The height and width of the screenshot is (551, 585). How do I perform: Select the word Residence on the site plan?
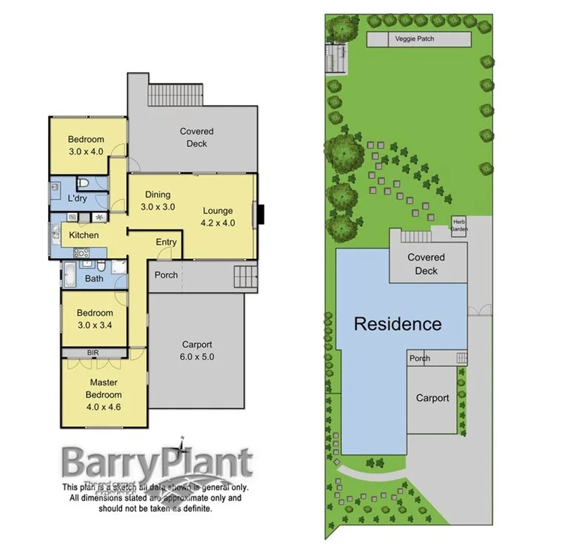[397, 324]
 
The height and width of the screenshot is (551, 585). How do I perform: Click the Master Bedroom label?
[104, 389]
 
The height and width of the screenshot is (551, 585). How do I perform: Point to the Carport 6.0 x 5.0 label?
[197, 350]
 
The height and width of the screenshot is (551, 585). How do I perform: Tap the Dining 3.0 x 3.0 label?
[158, 201]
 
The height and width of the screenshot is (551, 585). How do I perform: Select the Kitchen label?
[84, 235]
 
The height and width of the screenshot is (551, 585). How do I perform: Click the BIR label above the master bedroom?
[93, 353]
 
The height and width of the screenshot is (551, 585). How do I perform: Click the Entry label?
[166, 243]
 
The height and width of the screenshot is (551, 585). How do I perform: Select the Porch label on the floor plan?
[166, 275]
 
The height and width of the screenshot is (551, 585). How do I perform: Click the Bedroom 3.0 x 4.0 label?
[86, 145]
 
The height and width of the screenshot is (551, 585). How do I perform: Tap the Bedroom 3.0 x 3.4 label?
[95, 318]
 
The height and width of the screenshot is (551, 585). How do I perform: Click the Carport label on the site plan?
[432, 398]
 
